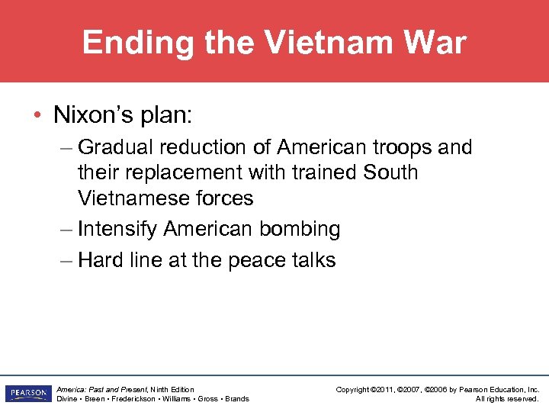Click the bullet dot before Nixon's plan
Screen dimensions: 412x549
tap(37, 116)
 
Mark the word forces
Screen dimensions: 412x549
tap(226, 198)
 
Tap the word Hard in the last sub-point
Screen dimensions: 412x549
tap(99, 259)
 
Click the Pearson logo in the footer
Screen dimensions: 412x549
tap(27, 394)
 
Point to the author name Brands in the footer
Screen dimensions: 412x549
tap(236, 399)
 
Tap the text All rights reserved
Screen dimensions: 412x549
tap(507, 399)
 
